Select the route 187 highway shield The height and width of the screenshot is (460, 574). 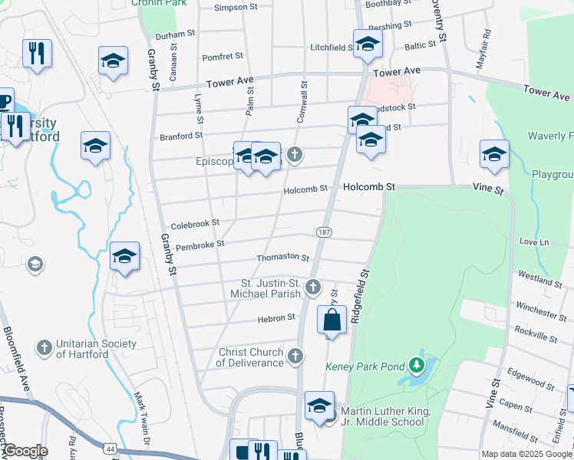point(324,232)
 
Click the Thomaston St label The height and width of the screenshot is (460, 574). point(282,259)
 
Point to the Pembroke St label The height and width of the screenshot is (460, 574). point(200,245)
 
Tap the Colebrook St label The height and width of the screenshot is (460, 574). point(195,222)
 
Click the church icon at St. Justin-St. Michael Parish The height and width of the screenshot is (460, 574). point(312,287)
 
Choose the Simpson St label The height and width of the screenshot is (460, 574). point(236,7)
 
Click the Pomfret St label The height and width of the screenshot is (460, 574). point(222,57)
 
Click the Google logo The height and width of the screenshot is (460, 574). point(25,451)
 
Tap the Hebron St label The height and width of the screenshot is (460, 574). point(280,317)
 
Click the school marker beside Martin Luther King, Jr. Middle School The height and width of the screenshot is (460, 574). point(319,406)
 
